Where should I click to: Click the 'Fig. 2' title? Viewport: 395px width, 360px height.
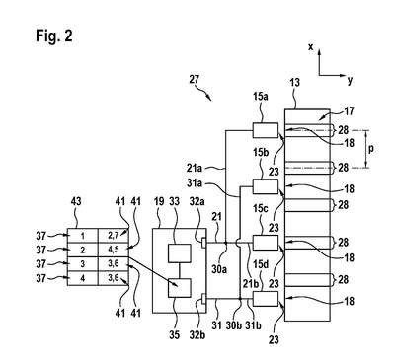(54, 36)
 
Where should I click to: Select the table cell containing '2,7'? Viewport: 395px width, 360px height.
(114, 236)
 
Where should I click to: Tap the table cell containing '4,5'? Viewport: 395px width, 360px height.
(114, 250)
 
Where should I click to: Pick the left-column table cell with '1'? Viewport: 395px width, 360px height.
(83, 236)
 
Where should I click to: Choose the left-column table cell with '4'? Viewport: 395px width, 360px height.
(83, 278)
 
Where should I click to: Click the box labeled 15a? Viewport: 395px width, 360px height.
(266, 130)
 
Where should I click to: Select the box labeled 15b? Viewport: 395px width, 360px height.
(266, 186)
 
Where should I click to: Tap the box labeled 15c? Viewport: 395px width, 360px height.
(266, 243)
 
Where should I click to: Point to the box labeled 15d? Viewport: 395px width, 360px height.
(266, 299)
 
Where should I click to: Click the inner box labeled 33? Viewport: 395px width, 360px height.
(180, 253)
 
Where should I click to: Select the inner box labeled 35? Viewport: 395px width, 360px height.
(180, 288)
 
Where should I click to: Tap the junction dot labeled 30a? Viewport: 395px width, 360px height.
(225, 243)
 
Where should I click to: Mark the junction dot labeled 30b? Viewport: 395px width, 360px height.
(241, 299)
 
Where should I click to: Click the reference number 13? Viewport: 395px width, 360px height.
(294, 82)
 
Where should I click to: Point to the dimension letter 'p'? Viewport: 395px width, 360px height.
(371, 150)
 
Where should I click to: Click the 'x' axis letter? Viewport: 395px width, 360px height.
(310, 47)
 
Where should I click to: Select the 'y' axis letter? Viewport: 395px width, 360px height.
(350, 80)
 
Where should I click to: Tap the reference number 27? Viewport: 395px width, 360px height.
(195, 79)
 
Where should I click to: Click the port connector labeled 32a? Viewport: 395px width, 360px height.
(204, 243)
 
